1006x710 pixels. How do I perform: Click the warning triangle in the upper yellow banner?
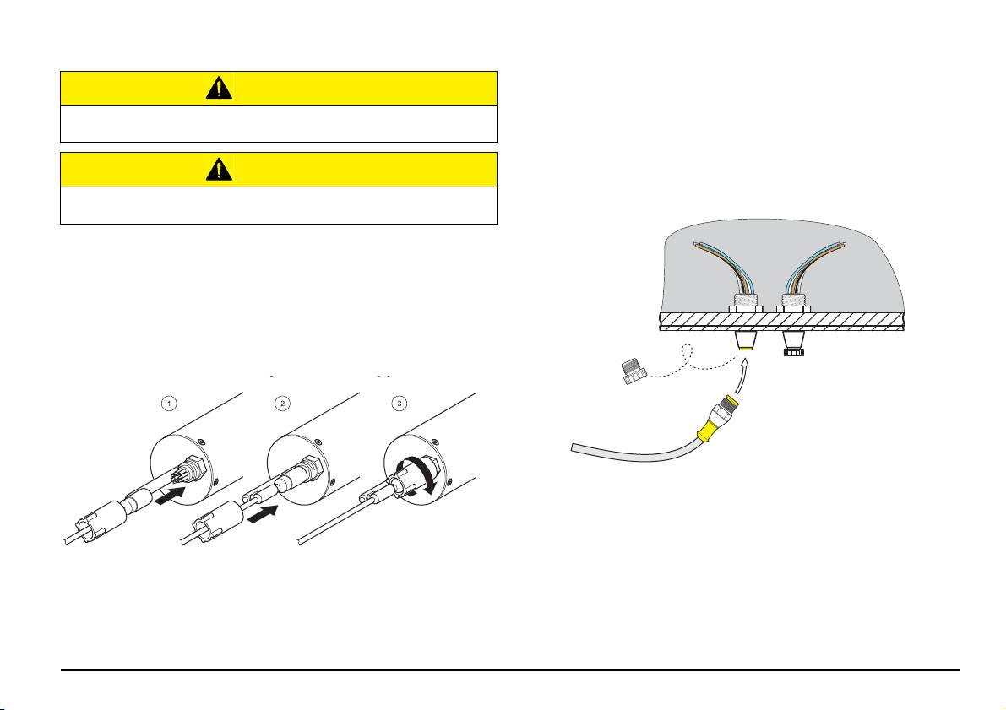[x=219, y=88]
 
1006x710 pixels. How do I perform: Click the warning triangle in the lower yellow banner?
[x=219, y=170]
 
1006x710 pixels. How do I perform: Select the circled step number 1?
[x=168, y=404]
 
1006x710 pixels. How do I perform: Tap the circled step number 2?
[x=282, y=404]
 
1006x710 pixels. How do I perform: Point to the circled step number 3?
[x=400, y=404]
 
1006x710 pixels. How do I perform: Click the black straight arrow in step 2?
[x=263, y=514]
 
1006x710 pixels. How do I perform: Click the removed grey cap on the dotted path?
[x=634, y=371]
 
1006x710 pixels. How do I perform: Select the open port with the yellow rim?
[x=746, y=340]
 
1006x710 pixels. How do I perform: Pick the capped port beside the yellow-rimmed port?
[x=794, y=343]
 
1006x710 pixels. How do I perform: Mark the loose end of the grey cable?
[x=573, y=447]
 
